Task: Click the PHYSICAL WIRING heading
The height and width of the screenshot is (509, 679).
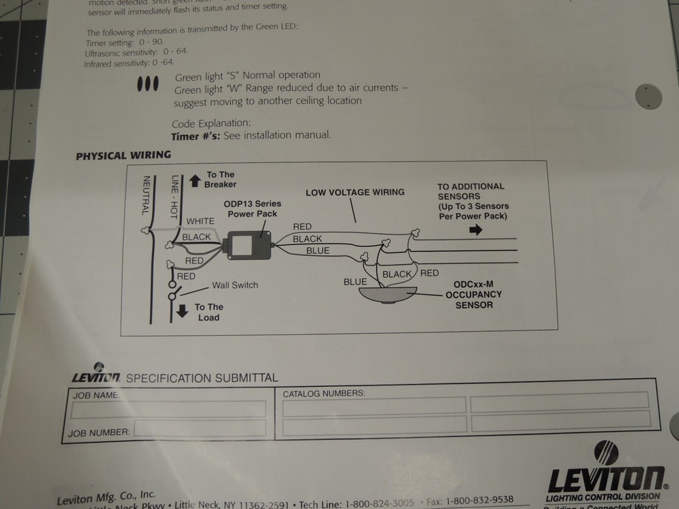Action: click(x=123, y=155)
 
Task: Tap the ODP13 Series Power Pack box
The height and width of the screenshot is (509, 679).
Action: click(x=248, y=245)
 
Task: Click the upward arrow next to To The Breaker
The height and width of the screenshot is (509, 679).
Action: click(x=195, y=181)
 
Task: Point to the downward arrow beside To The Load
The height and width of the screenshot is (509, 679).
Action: click(x=183, y=312)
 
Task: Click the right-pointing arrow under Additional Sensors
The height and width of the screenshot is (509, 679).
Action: click(x=475, y=230)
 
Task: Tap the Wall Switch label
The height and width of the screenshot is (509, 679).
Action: click(x=235, y=286)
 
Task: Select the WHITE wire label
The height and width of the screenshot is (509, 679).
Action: click(x=200, y=221)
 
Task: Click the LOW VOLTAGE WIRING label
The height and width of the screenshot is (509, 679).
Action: click(x=354, y=193)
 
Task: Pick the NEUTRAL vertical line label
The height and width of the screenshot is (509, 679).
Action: click(x=145, y=195)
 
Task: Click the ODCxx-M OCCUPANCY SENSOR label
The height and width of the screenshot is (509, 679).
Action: click(x=473, y=295)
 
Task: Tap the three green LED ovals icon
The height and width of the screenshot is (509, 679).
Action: click(x=147, y=84)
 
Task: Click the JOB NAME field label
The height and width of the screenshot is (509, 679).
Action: click(x=96, y=394)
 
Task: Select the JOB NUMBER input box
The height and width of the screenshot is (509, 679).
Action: click(x=200, y=428)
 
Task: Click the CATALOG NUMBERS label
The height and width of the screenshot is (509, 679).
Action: click(x=324, y=394)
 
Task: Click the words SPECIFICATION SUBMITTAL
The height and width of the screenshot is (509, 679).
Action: click(x=202, y=378)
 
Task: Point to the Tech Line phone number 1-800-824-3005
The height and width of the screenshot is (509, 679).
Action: click(x=379, y=504)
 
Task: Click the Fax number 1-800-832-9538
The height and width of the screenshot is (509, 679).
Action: click(x=479, y=501)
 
